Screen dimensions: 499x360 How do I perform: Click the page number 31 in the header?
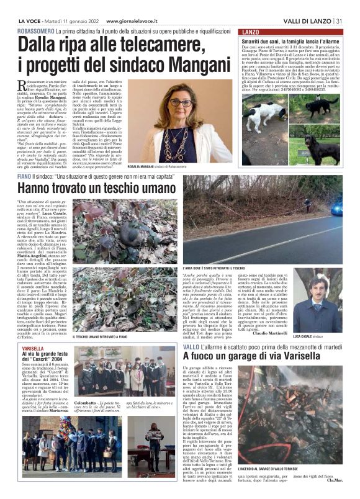point(340,21)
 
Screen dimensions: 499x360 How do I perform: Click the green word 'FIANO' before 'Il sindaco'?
point(25,177)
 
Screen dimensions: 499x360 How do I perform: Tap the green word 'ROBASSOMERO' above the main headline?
point(36,30)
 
